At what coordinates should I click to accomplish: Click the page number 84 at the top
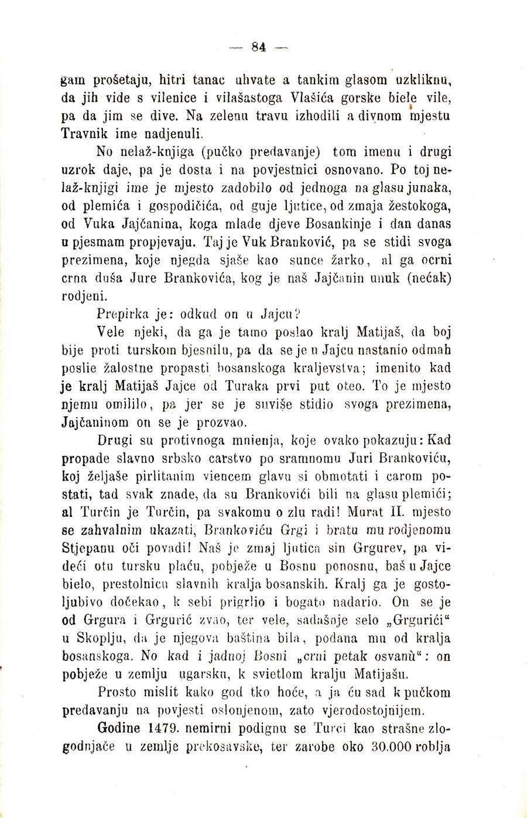(259, 48)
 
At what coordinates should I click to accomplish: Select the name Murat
(369, 512)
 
